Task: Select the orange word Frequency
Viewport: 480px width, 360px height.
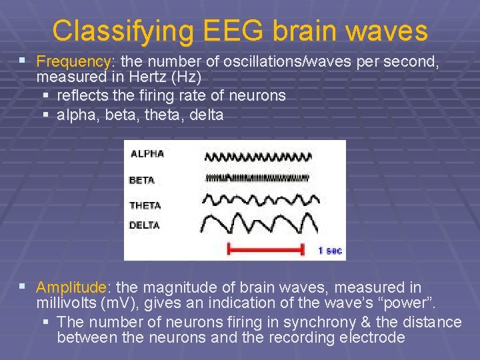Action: [x=73, y=61]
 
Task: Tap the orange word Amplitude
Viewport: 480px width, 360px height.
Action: [x=71, y=287]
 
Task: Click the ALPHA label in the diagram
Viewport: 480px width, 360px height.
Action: [x=147, y=153]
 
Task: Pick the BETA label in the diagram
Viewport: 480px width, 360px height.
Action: [x=142, y=180]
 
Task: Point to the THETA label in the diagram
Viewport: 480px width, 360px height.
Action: [x=145, y=205]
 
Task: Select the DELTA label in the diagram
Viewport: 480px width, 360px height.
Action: [x=145, y=225]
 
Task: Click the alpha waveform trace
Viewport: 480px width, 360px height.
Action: [x=257, y=157]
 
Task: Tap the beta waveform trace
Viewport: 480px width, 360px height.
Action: [x=257, y=178]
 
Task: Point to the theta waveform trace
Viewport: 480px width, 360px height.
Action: [x=257, y=200]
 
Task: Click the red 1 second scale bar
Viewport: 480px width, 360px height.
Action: [x=265, y=250]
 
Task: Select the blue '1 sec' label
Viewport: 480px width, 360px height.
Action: [x=330, y=251]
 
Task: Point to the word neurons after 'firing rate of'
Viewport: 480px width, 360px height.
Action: [x=257, y=95]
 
